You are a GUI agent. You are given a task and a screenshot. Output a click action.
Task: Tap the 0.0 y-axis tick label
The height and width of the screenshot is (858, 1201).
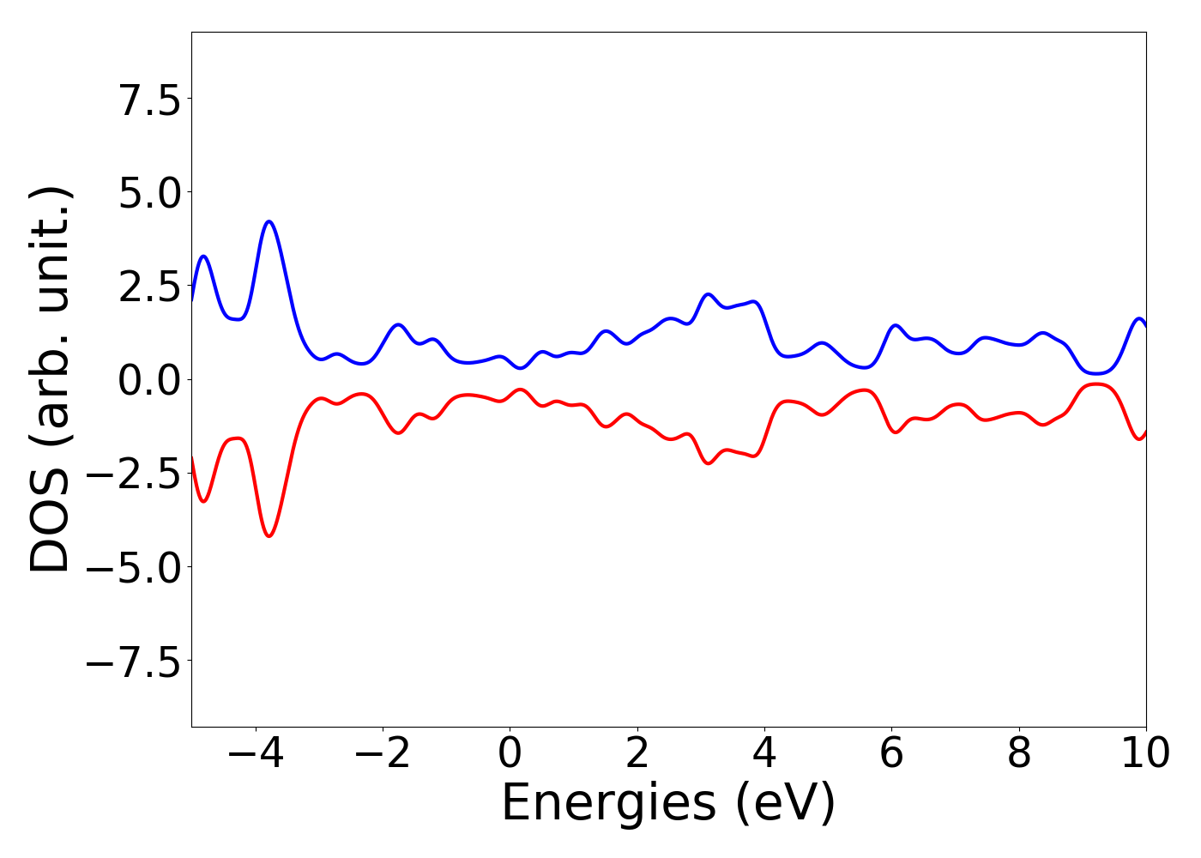pyautogui.click(x=149, y=379)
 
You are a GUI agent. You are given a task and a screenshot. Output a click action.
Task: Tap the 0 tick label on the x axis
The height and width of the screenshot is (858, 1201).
pyautogui.click(x=510, y=753)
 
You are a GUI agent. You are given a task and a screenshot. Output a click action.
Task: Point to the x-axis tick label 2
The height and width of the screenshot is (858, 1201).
pyautogui.click(x=637, y=753)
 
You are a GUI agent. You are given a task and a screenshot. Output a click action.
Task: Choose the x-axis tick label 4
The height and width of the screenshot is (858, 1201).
pyautogui.click(x=764, y=753)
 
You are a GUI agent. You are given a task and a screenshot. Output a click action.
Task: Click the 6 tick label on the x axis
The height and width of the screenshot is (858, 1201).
pyautogui.click(x=891, y=753)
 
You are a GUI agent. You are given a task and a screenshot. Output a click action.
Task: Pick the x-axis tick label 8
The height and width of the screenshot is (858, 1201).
pyautogui.click(x=1019, y=753)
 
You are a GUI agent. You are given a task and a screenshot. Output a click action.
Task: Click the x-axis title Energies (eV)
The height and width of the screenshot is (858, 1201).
pyautogui.click(x=668, y=804)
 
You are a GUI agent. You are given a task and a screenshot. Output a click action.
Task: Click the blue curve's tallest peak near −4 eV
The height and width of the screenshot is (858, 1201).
pyautogui.click(x=269, y=221)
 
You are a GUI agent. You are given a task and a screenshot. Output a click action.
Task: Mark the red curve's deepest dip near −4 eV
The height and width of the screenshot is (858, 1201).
pyautogui.click(x=269, y=536)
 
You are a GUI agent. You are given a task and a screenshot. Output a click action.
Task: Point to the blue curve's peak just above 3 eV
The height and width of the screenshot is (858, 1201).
pyautogui.click(x=708, y=294)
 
